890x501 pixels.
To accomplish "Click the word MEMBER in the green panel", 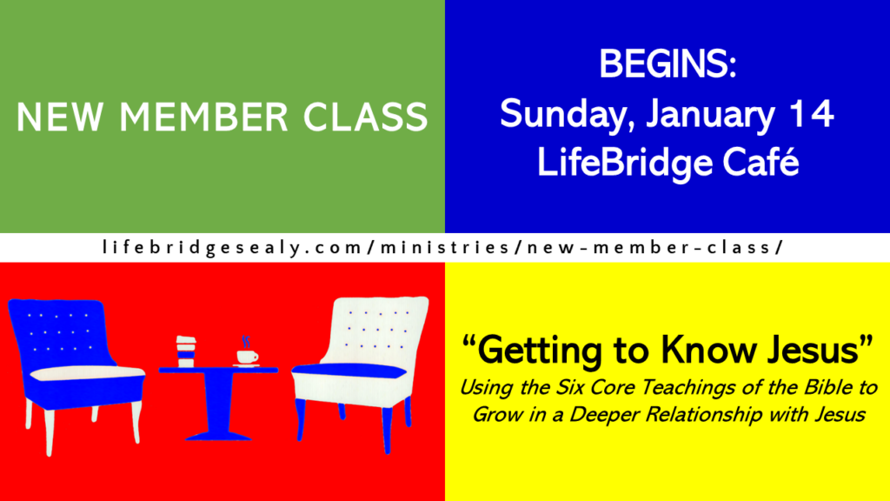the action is tap(203, 117).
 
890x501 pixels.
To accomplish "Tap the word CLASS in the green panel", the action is tap(365, 117).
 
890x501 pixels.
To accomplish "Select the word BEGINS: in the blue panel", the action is tap(667, 63).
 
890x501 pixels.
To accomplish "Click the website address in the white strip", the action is tap(443, 248).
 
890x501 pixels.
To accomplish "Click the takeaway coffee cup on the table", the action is tap(186, 351).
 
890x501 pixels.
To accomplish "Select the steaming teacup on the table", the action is tap(247, 352).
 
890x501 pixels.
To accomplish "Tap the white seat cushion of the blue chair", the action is tap(86, 373).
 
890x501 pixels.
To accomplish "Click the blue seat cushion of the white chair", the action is tap(349, 371).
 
